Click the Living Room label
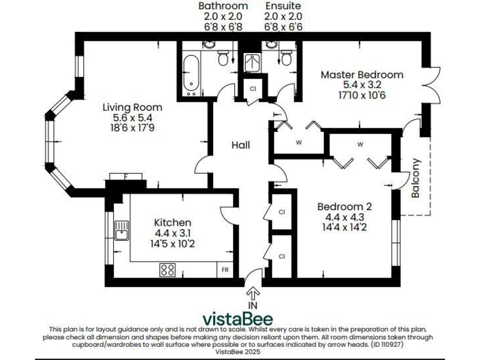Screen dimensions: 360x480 coord(132,107)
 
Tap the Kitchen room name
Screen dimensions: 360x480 coord(172,222)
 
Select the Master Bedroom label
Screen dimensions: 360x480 coord(362,74)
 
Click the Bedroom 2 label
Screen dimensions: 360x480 coord(344,207)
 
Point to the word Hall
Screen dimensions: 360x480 coord(241,146)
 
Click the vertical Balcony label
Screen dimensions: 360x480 coord(416,178)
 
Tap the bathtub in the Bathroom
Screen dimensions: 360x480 coord(192,74)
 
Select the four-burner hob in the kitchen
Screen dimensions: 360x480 coord(167,270)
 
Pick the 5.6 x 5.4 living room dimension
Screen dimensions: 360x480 coord(132,117)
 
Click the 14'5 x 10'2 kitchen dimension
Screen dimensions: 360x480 coord(172,244)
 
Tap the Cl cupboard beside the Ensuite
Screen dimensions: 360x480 coord(252,89)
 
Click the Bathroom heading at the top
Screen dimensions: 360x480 coord(223,6)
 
